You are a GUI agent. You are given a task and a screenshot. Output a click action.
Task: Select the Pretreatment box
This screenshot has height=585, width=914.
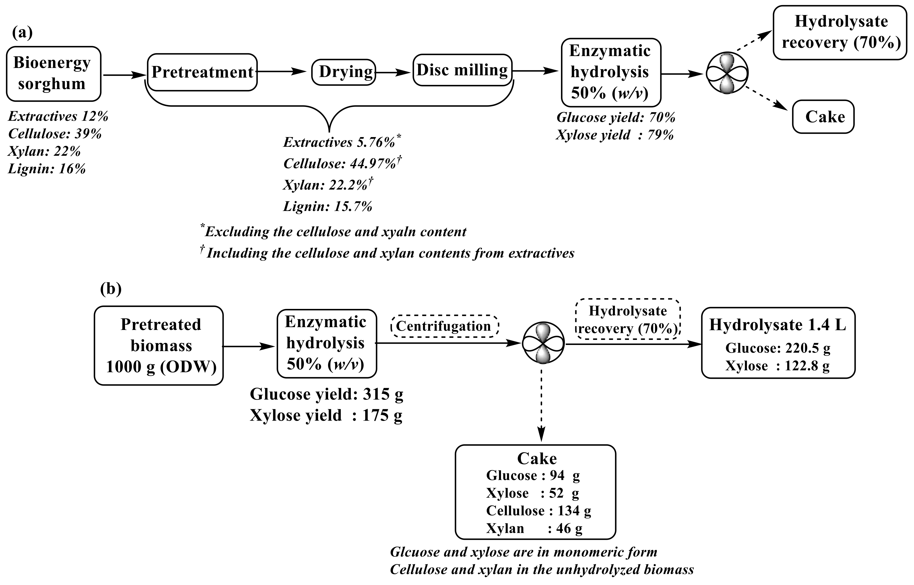(202, 72)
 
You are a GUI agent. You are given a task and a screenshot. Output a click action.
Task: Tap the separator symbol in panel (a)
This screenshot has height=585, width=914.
(727, 73)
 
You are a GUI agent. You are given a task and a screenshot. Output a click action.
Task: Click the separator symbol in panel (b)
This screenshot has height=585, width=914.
(543, 344)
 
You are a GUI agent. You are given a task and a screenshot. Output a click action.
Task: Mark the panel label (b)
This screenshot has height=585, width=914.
(111, 289)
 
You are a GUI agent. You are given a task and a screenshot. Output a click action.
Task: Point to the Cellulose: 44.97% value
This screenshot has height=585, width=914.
(341, 164)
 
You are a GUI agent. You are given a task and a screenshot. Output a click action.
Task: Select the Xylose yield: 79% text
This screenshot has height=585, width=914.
(615, 135)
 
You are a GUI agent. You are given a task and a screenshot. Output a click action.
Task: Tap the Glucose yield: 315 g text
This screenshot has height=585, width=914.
(326, 394)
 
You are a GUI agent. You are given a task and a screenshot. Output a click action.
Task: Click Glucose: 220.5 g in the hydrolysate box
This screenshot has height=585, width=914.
(777, 348)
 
